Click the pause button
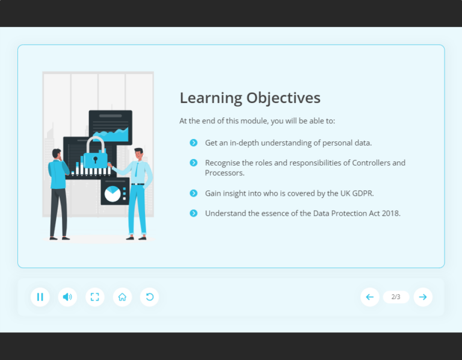[x=40, y=297]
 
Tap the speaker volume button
[x=67, y=297]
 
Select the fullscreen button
[x=94, y=297]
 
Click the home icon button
[x=122, y=297]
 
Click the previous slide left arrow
[x=369, y=297]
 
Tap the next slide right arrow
[x=423, y=297]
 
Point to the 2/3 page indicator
[x=396, y=297]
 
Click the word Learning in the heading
[x=210, y=98]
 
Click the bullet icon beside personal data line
[x=193, y=143]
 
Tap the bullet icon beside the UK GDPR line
[x=193, y=193]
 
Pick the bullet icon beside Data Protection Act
[x=193, y=213]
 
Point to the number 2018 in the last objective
[x=389, y=213]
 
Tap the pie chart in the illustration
[x=112, y=193]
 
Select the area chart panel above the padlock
[x=111, y=128]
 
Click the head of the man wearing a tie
[x=138, y=153]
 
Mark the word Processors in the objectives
[x=224, y=173]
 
